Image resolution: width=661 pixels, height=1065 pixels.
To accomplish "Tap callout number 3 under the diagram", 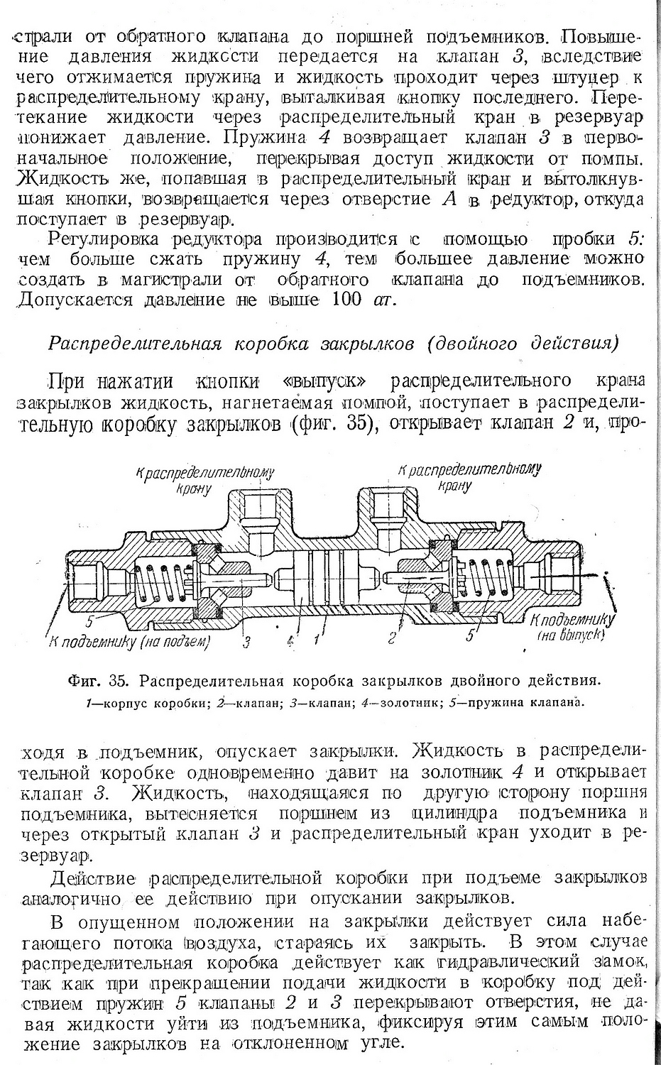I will click(x=247, y=643).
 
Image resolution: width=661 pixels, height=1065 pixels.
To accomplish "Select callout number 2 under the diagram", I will click(x=391, y=638).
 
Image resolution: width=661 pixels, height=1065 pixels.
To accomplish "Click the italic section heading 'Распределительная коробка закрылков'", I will click(x=231, y=344).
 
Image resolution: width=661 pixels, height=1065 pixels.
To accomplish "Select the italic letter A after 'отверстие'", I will click(x=449, y=200).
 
